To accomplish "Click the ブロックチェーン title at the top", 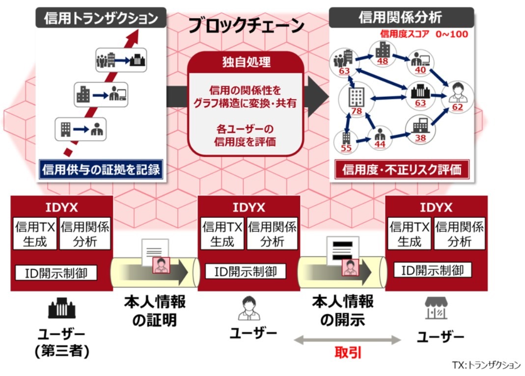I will pos(247,26).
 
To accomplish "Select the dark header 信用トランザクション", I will pos(101,18).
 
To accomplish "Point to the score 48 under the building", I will pos(382,62).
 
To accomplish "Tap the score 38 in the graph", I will pos(420,138).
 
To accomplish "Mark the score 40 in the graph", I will pos(420,70).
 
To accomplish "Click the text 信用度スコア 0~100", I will pos(424,34).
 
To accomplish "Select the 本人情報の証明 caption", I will pos(154,310).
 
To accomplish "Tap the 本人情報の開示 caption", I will pos(342,310).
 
